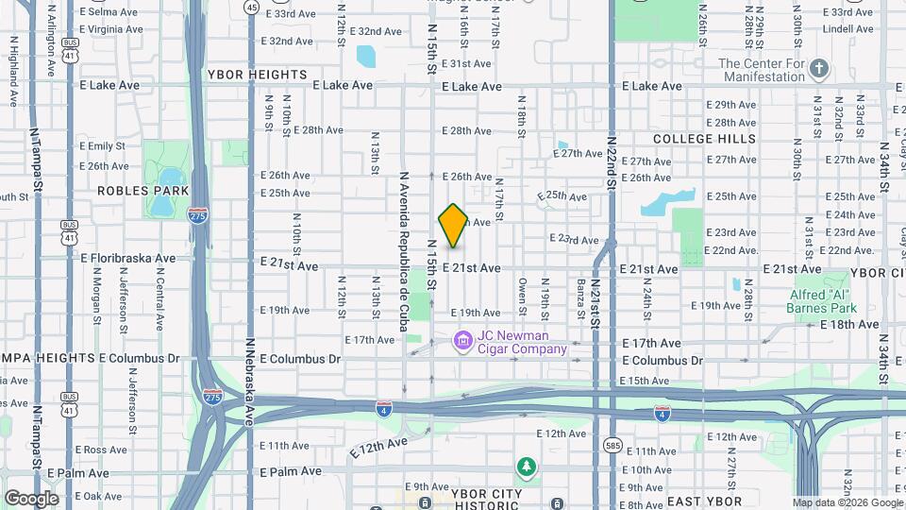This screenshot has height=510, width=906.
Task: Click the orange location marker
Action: (x=453, y=226)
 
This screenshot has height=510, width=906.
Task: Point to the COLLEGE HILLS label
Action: (x=705, y=139)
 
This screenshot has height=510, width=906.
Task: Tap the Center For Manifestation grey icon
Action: (x=819, y=69)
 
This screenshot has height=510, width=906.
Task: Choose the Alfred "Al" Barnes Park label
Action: (x=823, y=301)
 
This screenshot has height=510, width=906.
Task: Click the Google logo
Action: (x=31, y=499)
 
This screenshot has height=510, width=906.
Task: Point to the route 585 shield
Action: (x=612, y=444)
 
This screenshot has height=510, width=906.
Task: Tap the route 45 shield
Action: (x=250, y=7)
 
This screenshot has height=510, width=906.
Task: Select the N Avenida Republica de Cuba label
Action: (x=404, y=256)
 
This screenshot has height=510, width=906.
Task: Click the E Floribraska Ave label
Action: (x=128, y=258)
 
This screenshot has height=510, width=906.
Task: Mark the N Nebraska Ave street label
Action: (x=250, y=383)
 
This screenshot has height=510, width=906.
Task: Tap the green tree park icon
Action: (x=526, y=467)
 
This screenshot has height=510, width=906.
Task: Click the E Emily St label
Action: (x=103, y=146)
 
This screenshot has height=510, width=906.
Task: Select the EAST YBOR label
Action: (x=704, y=501)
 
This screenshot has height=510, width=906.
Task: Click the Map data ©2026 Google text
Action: (x=847, y=502)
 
